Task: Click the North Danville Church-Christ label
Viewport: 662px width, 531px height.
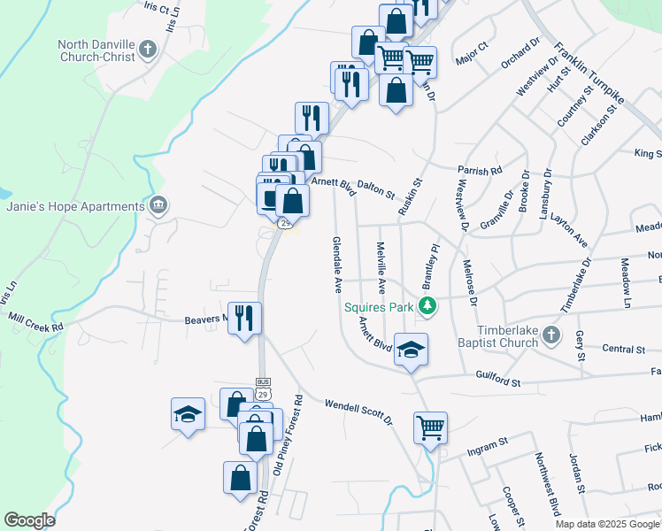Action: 96,50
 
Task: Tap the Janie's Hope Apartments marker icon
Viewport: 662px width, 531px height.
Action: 158,206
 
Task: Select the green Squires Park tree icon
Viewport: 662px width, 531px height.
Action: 428,307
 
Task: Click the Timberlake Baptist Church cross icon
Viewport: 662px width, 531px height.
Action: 551,335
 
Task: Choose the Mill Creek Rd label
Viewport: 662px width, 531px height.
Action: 36,321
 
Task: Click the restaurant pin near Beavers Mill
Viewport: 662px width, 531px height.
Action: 245,318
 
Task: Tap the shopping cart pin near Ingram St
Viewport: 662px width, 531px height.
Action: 430,427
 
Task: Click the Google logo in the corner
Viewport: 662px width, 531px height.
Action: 29,520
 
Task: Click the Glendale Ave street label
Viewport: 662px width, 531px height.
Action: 337,264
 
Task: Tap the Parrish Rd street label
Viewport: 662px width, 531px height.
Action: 480,169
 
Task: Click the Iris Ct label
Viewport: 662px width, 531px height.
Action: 155,7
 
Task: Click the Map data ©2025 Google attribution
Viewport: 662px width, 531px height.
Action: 608,524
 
